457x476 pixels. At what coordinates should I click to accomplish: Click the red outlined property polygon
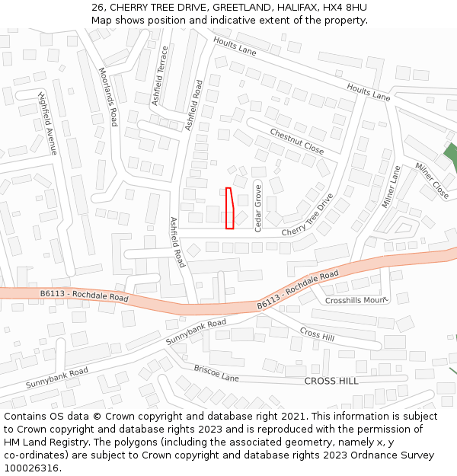point(229,208)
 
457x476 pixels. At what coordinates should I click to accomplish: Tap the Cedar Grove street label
point(258,207)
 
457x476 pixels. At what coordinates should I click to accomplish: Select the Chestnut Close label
point(297,141)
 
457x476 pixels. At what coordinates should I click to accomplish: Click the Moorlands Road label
point(108,96)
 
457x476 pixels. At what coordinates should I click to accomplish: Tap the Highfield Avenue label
point(48,123)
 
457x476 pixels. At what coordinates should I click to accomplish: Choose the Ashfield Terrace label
point(159,75)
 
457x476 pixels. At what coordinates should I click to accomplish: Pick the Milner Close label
point(432,181)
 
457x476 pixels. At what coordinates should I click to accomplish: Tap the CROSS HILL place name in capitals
point(331,381)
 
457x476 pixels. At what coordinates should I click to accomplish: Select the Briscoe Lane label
point(216,373)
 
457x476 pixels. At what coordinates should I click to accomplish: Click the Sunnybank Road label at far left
point(57,378)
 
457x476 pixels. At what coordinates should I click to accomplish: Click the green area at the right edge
point(451,156)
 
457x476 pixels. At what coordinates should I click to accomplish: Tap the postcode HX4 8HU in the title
point(345,8)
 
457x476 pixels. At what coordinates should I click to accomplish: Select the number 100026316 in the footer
point(33,468)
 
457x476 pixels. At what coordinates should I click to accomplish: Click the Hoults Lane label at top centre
point(235,46)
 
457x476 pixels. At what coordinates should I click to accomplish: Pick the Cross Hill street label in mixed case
point(318,334)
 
